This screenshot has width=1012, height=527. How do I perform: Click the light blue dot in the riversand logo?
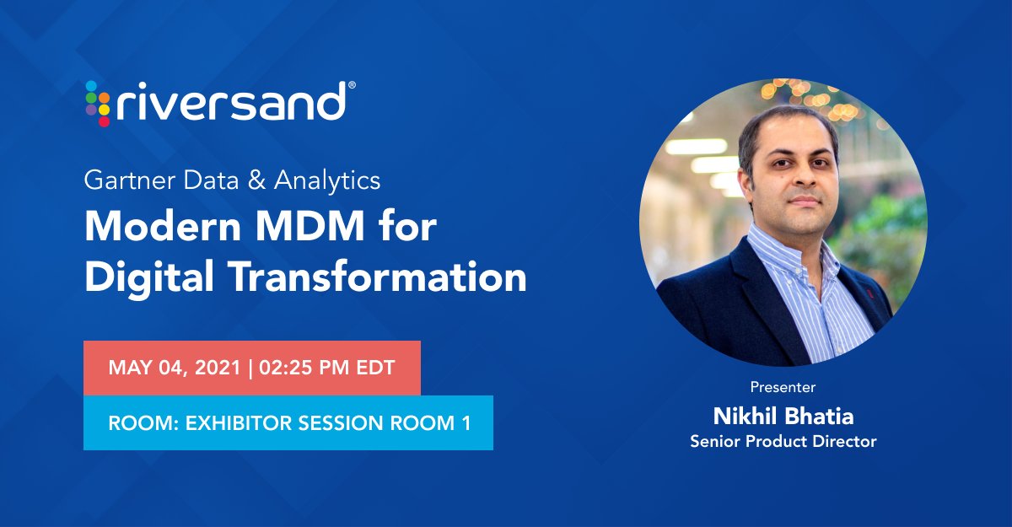click(x=91, y=85)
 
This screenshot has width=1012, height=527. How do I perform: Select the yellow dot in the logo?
click(x=104, y=109)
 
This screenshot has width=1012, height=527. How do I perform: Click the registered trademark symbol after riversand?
click(x=352, y=85)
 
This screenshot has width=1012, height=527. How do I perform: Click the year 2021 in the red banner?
click(x=214, y=368)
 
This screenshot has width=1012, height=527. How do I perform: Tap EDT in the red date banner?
click(x=379, y=368)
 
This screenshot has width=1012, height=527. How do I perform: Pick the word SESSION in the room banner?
click(x=345, y=422)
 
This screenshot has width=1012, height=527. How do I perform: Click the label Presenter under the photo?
click(x=783, y=388)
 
